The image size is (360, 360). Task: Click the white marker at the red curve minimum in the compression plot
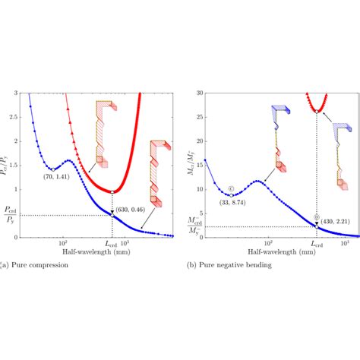(113, 191)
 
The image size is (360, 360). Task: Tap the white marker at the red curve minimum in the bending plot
(317, 112)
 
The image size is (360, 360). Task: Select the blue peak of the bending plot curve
(258, 180)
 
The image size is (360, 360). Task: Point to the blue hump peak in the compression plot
(68, 160)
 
